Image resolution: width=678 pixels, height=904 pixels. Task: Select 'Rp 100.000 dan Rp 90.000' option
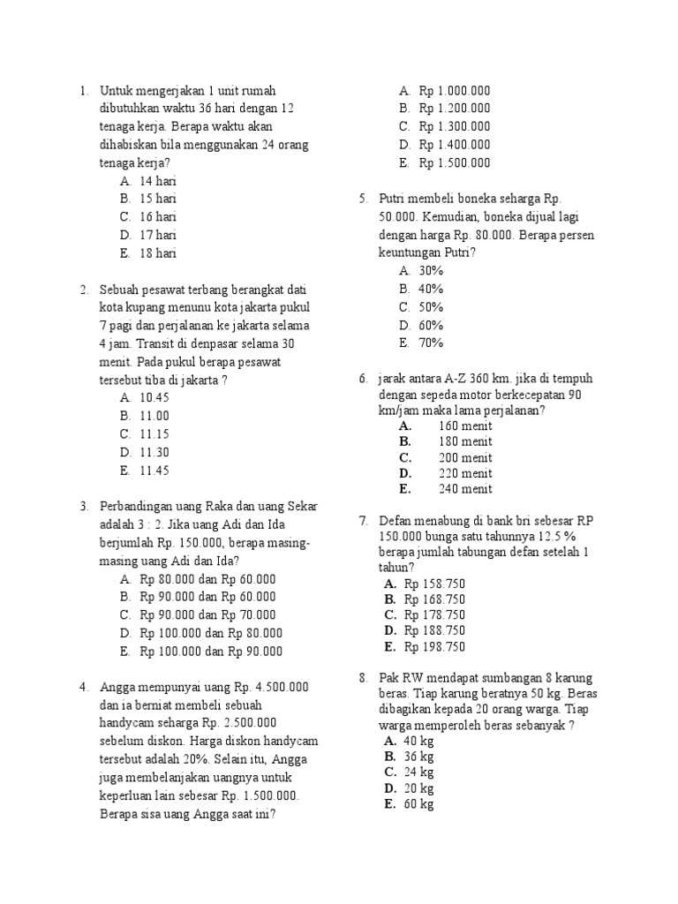tap(210, 652)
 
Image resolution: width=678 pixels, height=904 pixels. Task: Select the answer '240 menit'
tap(465, 489)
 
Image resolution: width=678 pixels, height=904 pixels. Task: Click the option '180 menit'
tap(465, 441)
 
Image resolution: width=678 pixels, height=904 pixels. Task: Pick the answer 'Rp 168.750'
tap(434, 599)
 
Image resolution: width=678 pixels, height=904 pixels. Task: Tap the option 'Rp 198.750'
tap(434, 647)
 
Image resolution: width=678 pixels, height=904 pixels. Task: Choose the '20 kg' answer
tap(418, 788)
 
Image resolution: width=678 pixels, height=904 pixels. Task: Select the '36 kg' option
tap(418, 757)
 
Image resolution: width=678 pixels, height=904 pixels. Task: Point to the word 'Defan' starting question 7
tap(395, 521)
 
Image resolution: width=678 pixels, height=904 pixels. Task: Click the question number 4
tap(83, 687)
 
